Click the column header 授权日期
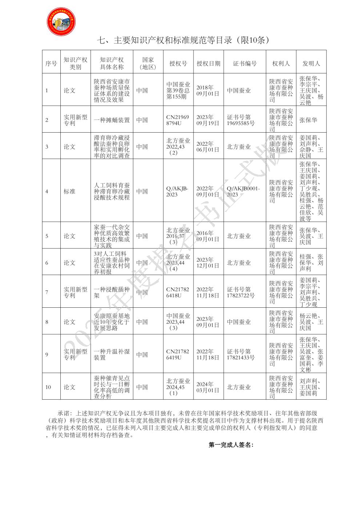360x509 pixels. coord(208,63)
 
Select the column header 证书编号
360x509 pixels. coord(245,63)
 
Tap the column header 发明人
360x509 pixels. coord(311,63)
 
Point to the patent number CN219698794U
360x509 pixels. coord(177,120)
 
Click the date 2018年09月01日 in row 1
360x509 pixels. coord(208,90)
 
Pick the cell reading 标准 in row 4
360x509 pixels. coord(69,191)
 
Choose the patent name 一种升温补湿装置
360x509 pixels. coord(112,355)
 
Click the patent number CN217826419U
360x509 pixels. coord(177,355)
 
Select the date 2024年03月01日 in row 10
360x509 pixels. coord(208,387)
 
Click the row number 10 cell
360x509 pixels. coord(48,387)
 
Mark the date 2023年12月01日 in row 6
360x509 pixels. coord(208,263)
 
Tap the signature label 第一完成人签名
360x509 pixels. coord(231,445)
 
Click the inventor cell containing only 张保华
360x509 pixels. coord(308,120)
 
